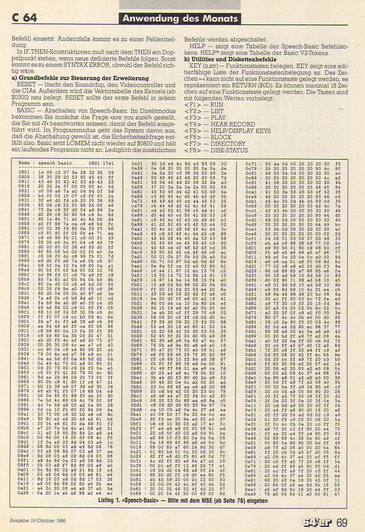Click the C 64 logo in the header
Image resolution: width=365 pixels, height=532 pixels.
[24, 18]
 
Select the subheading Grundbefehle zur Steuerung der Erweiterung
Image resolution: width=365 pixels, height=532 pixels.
[80, 78]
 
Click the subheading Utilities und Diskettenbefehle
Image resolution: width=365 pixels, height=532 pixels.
[230, 59]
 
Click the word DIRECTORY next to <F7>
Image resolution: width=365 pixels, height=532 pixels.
[228, 144]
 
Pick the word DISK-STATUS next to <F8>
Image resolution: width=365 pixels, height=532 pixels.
[229, 150]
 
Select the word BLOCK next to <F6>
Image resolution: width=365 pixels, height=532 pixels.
[221, 137]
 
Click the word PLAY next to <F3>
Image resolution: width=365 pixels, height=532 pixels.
[218, 118]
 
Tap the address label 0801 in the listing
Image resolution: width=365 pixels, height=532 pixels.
[24, 173]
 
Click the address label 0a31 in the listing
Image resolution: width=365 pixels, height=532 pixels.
[137, 164]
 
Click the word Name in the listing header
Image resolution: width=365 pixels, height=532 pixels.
[24, 163]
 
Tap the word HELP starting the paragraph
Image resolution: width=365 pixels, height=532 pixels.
[197, 46]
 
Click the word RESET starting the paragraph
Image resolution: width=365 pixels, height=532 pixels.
[26, 85]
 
